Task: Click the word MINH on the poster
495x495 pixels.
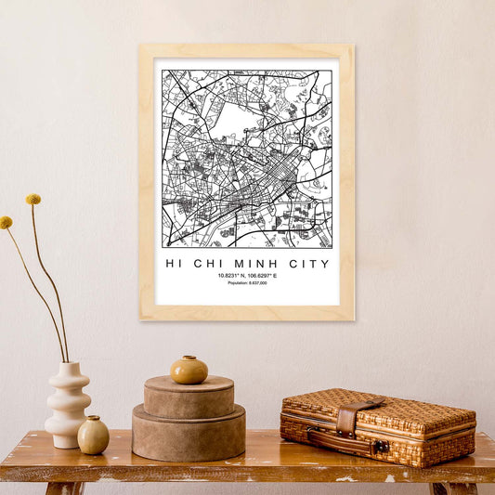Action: pyautogui.click(x=263, y=264)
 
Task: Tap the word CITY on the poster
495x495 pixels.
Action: pyautogui.click(x=309, y=264)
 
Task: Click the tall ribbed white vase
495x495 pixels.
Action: pyautogui.click(x=68, y=405)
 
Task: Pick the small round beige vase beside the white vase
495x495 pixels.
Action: pyautogui.click(x=93, y=435)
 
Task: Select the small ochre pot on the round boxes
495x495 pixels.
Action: pyautogui.click(x=189, y=370)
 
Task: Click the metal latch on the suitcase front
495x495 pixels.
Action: pyautogui.click(x=380, y=447)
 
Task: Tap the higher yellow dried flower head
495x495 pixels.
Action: pyautogui.click(x=33, y=200)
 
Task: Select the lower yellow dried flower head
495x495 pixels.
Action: pyautogui.click(x=7, y=223)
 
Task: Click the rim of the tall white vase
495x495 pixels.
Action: pyautogui.click(x=68, y=365)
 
